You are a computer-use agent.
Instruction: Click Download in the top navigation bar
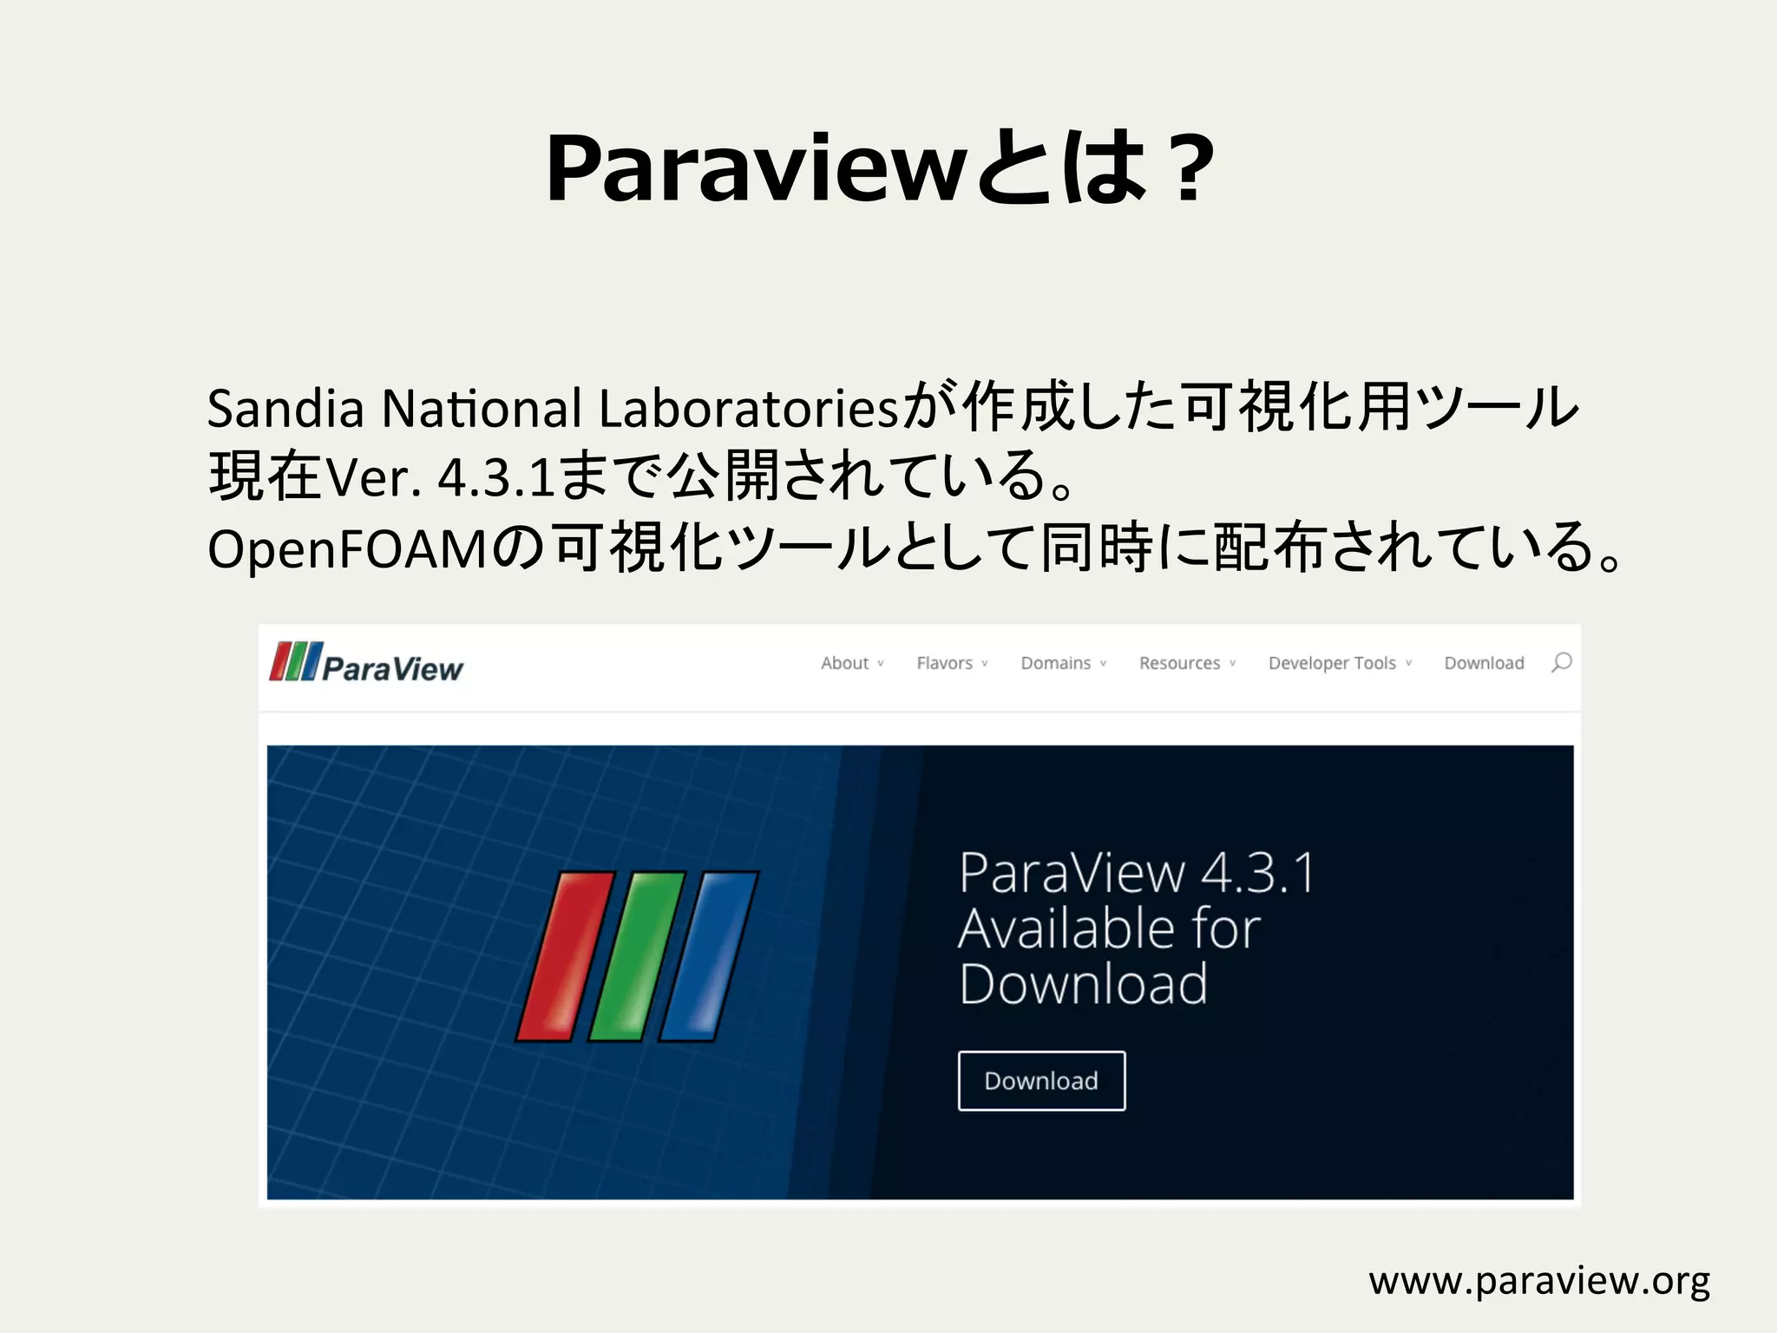[x=1484, y=663]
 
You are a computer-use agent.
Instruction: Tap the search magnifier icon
[x=1561, y=663]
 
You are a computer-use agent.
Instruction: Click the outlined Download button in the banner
[x=1041, y=1080]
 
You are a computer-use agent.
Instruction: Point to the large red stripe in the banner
[x=565, y=955]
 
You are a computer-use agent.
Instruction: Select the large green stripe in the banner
[x=637, y=955]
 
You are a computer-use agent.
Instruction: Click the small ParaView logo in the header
[x=366, y=664]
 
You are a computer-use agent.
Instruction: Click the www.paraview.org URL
[x=1538, y=1281]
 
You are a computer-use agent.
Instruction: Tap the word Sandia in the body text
[x=285, y=408]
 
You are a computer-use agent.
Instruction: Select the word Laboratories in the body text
[x=748, y=408]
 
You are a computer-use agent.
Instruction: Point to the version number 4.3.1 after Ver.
[x=495, y=477]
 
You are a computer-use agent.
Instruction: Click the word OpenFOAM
[x=347, y=548]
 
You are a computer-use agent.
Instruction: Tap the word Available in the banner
[x=1067, y=929]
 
